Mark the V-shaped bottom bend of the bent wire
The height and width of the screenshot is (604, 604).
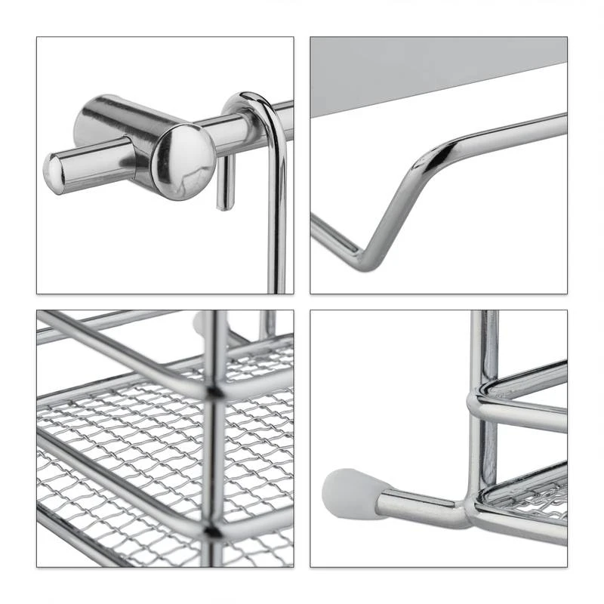pos(370,260)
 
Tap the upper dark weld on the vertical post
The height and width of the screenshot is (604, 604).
pos(216,392)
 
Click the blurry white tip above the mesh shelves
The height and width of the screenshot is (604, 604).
pos(201,323)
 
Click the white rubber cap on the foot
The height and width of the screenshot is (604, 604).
pos(351,495)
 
